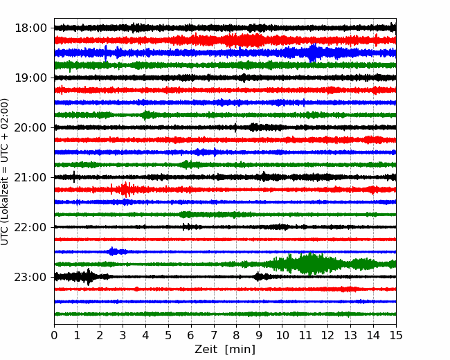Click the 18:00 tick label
pos(30,28)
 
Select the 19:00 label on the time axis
pos(30,78)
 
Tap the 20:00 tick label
pos(30,127)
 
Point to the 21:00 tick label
pos(30,177)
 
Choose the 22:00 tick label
pos(30,227)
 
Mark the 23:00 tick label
pos(30,277)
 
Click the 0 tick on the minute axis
pos(54,335)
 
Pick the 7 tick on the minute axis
pos(214,335)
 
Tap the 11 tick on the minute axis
pos(305,335)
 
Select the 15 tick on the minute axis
pos(396,335)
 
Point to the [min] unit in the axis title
pos(240,350)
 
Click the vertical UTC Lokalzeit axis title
pos(5,172)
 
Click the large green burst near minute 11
pos(310,264)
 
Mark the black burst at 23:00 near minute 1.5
pos(86,277)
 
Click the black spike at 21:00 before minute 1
pos(74,177)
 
